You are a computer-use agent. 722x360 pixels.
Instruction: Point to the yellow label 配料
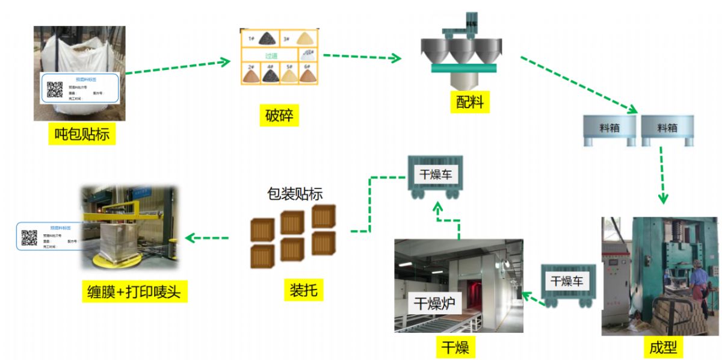[x=469, y=101]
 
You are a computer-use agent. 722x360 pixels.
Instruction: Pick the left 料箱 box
[x=609, y=128]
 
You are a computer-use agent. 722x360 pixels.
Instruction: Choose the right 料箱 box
[x=667, y=128]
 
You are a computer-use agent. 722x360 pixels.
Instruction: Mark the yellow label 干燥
[x=455, y=347]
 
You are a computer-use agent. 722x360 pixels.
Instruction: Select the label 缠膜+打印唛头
[x=134, y=292]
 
